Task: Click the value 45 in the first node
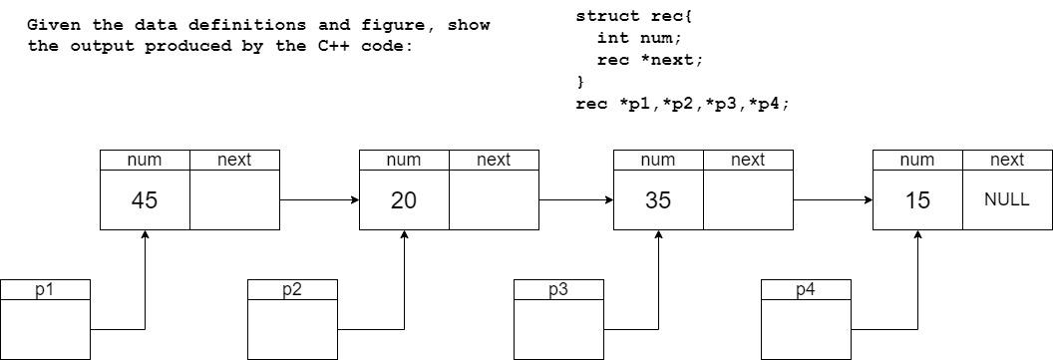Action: [145, 200]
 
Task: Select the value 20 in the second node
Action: [403, 200]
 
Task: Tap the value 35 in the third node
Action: [657, 200]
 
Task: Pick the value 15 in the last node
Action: [917, 200]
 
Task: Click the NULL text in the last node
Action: [1006, 199]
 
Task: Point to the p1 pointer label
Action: [45, 290]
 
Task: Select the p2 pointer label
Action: [292, 290]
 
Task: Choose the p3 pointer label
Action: [558, 290]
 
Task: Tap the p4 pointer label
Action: [806, 290]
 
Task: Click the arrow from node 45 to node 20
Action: [319, 200]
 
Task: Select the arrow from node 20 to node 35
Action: [575, 200]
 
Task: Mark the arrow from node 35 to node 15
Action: [833, 200]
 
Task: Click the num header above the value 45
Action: [145, 160]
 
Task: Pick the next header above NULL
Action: [1006, 160]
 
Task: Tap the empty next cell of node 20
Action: [494, 200]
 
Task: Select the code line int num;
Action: [639, 38]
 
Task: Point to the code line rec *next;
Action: [649, 60]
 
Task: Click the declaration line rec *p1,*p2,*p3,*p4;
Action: [682, 104]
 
